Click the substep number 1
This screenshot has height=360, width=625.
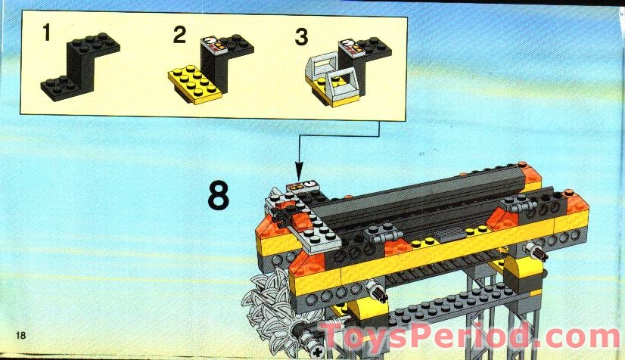tap(46, 33)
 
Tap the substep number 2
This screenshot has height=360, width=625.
tap(179, 35)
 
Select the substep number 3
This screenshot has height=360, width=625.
tap(301, 36)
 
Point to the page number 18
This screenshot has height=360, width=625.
tap(20, 335)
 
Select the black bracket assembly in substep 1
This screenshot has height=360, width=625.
tap(79, 67)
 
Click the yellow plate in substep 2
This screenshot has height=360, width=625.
tap(194, 85)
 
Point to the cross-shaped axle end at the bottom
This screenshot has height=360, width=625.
tap(318, 352)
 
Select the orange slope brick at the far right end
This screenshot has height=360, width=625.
tap(576, 202)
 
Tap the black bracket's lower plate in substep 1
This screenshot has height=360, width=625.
tap(60, 88)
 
